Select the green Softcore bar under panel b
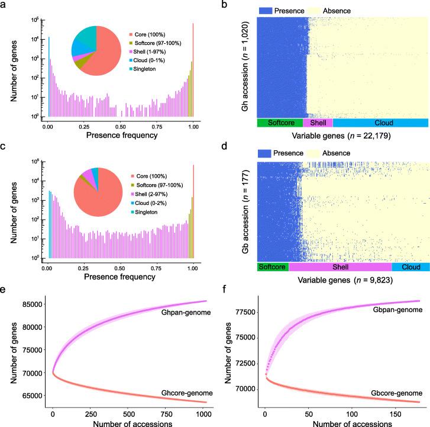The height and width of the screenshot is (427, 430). click(279, 123)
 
